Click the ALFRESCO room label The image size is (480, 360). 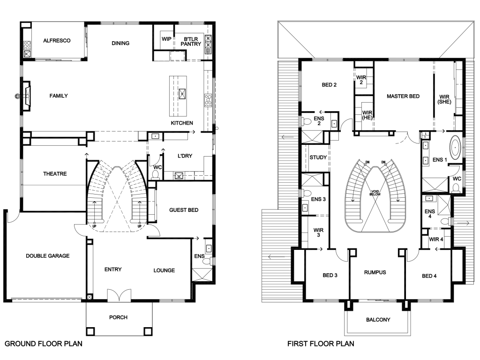click(x=57, y=41)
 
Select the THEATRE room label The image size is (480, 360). click(x=54, y=174)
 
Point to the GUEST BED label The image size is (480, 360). click(x=184, y=210)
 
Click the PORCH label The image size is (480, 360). click(x=118, y=317)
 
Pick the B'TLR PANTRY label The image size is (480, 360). click(x=192, y=41)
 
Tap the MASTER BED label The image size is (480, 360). click(x=403, y=96)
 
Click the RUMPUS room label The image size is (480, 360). click(x=375, y=272)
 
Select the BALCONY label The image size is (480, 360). click(x=378, y=320)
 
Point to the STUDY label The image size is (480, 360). click(x=318, y=157)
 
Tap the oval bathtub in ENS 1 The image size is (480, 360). click(x=455, y=147)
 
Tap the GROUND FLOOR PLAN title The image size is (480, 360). click(x=44, y=344)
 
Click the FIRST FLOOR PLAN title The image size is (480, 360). click(x=321, y=344)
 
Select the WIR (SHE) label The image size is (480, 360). click(x=444, y=98)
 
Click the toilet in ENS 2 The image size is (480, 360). click(x=308, y=122)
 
